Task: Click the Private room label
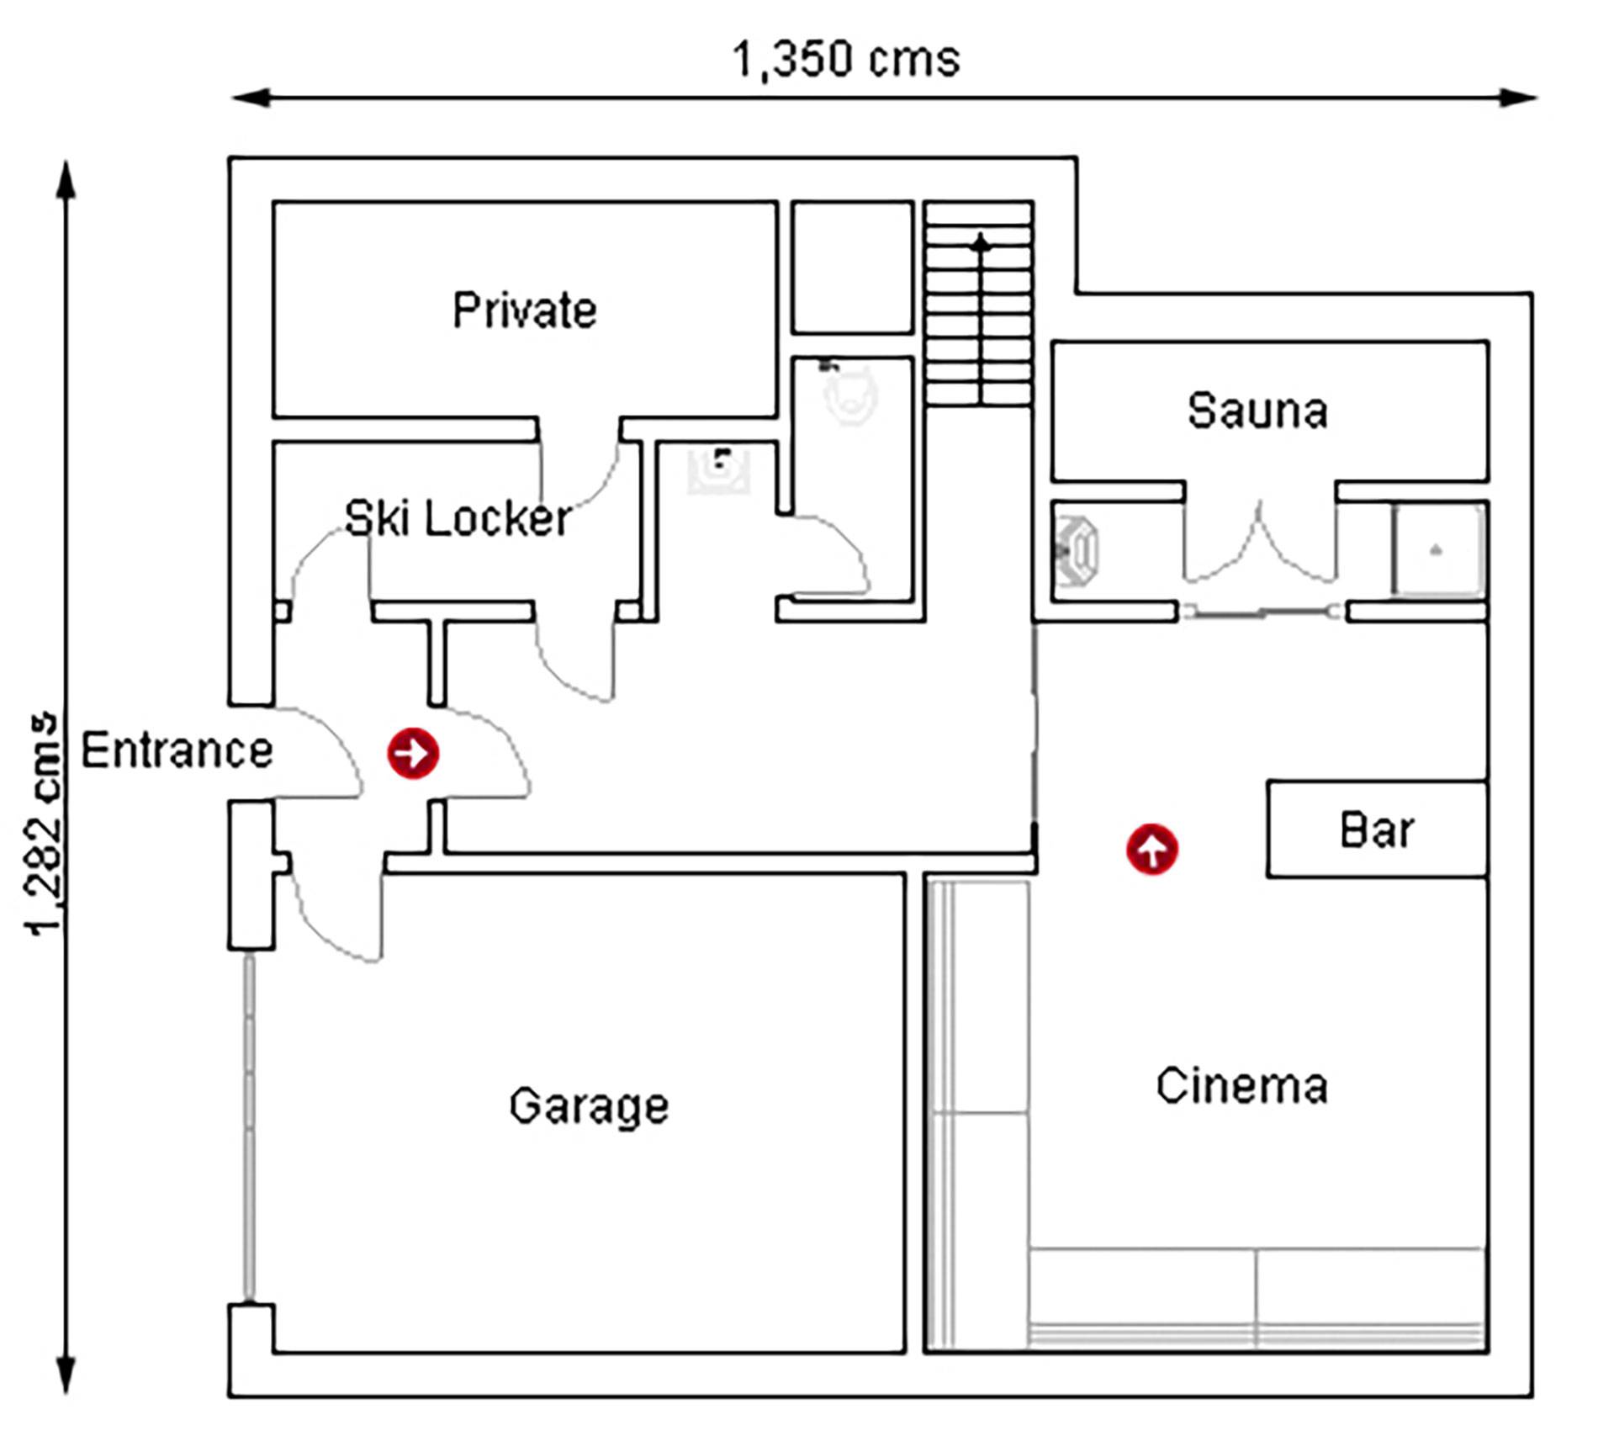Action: click(x=525, y=310)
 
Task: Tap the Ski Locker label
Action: click(x=458, y=518)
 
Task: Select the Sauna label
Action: click(x=1257, y=411)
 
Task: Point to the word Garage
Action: click(x=589, y=1106)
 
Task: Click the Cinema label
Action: click(x=1242, y=1085)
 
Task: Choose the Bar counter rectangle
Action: click(x=1378, y=829)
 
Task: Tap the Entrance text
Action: click(x=177, y=750)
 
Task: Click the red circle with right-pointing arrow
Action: click(x=413, y=753)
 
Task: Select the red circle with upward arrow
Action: click(x=1152, y=849)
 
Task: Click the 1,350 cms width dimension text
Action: click(x=846, y=60)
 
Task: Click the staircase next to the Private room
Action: click(x=980, y=303)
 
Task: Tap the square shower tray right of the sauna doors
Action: click(x=1437, y=550)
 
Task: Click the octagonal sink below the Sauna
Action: click(x=1077, y=550)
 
